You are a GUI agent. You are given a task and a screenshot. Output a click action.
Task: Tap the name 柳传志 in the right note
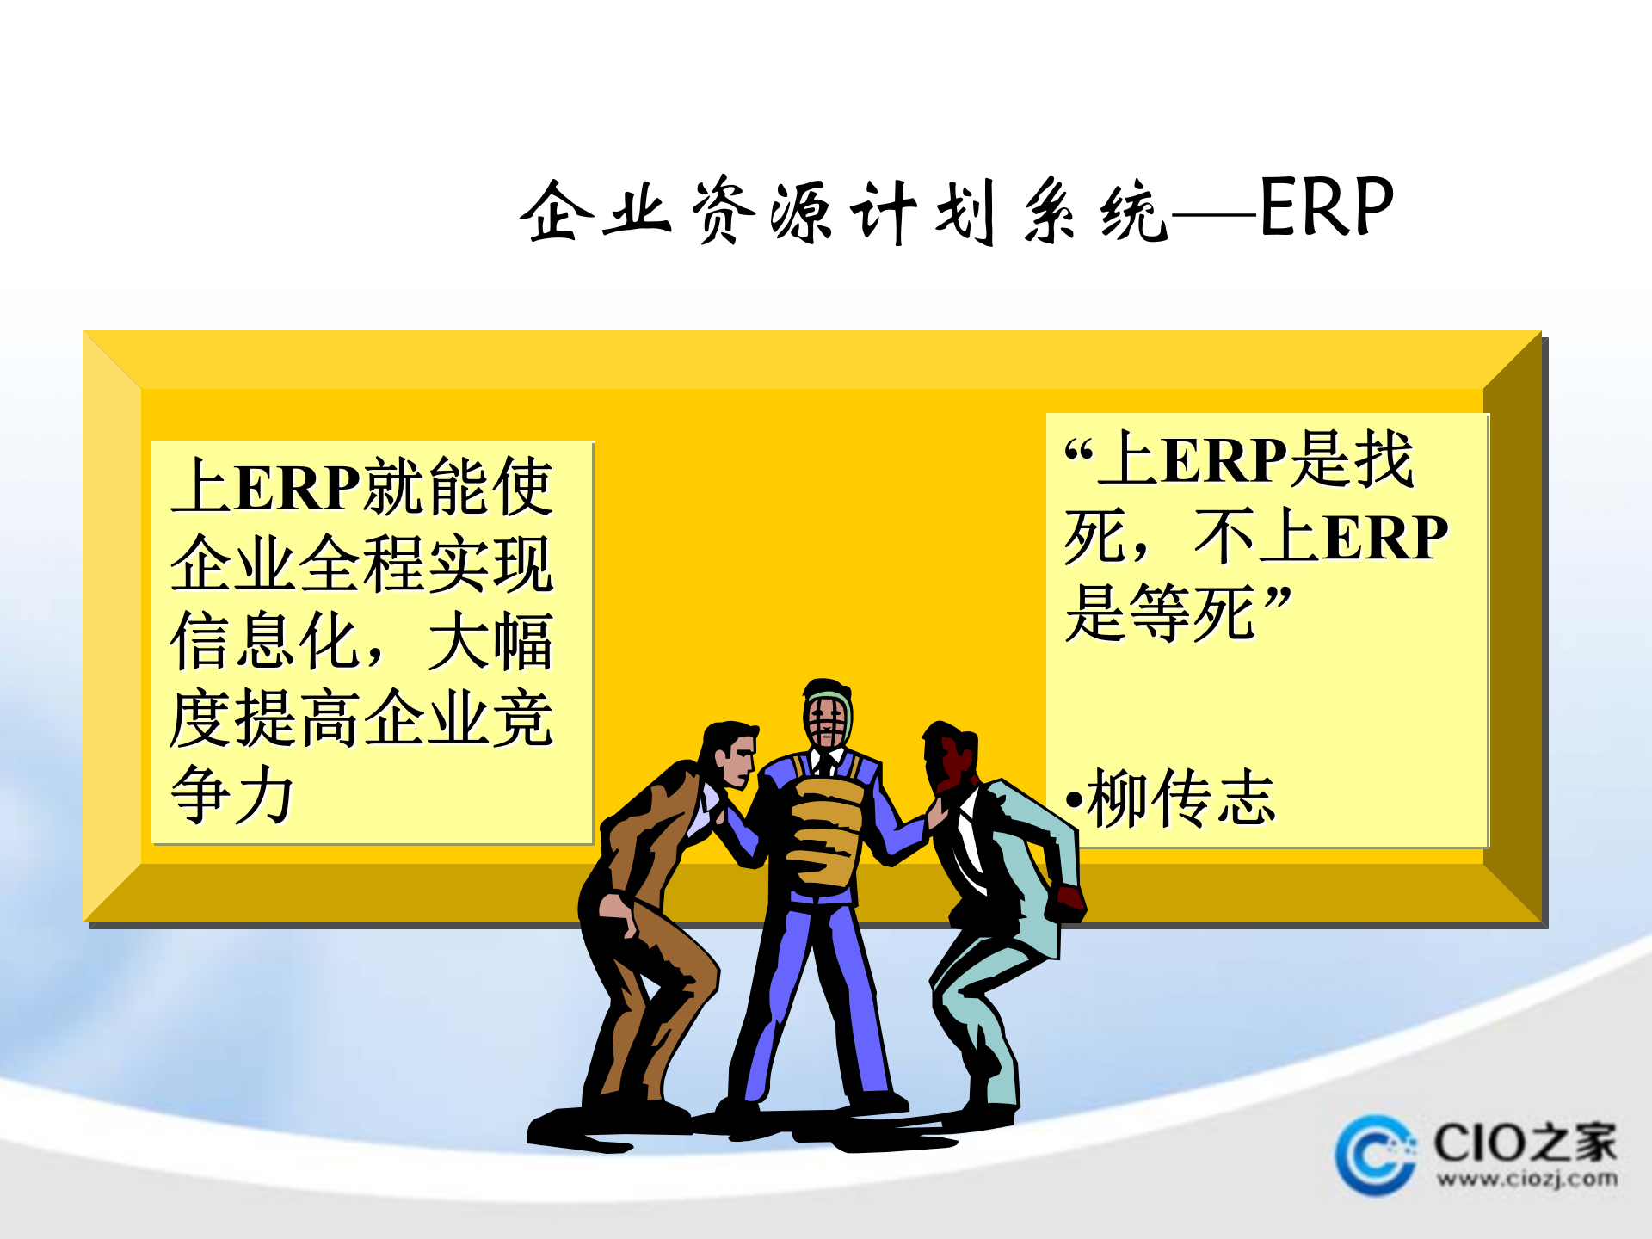[x=1180, y=798]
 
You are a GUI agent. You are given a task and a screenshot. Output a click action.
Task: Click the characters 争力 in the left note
[x=232, y=795]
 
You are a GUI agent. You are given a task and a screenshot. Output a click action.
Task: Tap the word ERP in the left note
[x=297, y=488]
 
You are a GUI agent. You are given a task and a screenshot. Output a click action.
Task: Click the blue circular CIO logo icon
[x=1375, y=1155]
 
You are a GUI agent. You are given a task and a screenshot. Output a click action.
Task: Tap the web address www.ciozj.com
[x=1526, y=1179]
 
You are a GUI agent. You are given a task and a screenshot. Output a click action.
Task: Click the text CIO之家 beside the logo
[x=1525, y=1142]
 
